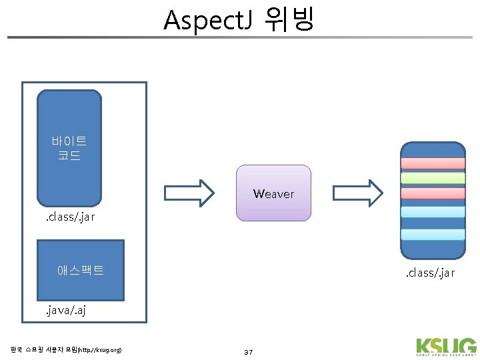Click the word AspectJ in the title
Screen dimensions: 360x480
[x=207, y=20]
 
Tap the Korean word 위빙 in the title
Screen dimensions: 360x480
[x=288, y=20]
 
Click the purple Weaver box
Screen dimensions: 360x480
[x=273, y=193]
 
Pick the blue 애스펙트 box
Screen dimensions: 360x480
[x=81, y=270]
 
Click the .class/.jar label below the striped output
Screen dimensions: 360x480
[x=430, y=273]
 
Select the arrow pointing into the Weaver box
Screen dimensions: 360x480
[x=189, y=193]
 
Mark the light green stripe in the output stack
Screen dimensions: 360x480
[x=432, y=178]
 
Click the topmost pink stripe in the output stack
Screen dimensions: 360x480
[x=432, y=163]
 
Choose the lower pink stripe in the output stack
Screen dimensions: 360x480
[x=432, y=193]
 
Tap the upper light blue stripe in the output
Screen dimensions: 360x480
[x=432, y=211]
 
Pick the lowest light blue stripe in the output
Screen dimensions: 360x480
[x=432, y=234]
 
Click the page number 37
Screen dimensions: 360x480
[x=249, y=351]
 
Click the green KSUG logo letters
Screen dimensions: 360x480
[x=446, y=346]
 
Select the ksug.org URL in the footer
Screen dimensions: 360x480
[x=100, y=350]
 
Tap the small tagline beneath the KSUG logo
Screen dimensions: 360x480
[x=446, y=356]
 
